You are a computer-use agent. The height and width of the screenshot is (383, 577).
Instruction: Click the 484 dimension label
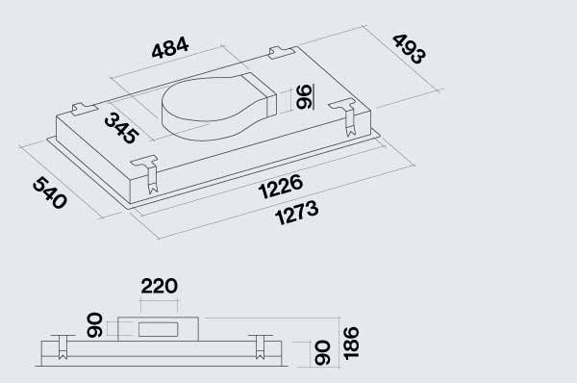click(x=170, y=47)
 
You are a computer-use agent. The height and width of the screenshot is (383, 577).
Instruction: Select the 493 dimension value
click(x=410, y=49)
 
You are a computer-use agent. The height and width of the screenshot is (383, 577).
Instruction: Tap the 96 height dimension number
click(x=305, y=96)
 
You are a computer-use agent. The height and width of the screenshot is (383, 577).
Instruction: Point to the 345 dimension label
click(x=122, y=128)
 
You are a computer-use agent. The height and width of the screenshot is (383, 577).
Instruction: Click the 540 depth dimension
click(x=50, y=192)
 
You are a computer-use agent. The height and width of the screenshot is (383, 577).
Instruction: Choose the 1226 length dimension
click(x=281, y=187)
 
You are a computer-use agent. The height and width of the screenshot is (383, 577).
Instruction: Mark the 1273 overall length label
click(x=296, y=213)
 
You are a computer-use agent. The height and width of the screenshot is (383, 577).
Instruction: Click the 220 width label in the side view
click(x=160, y=286)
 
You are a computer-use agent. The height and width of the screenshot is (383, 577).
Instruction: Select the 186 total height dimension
click(x=350, y=343)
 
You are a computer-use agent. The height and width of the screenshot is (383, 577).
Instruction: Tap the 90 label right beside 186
click(x=322, y=353)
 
